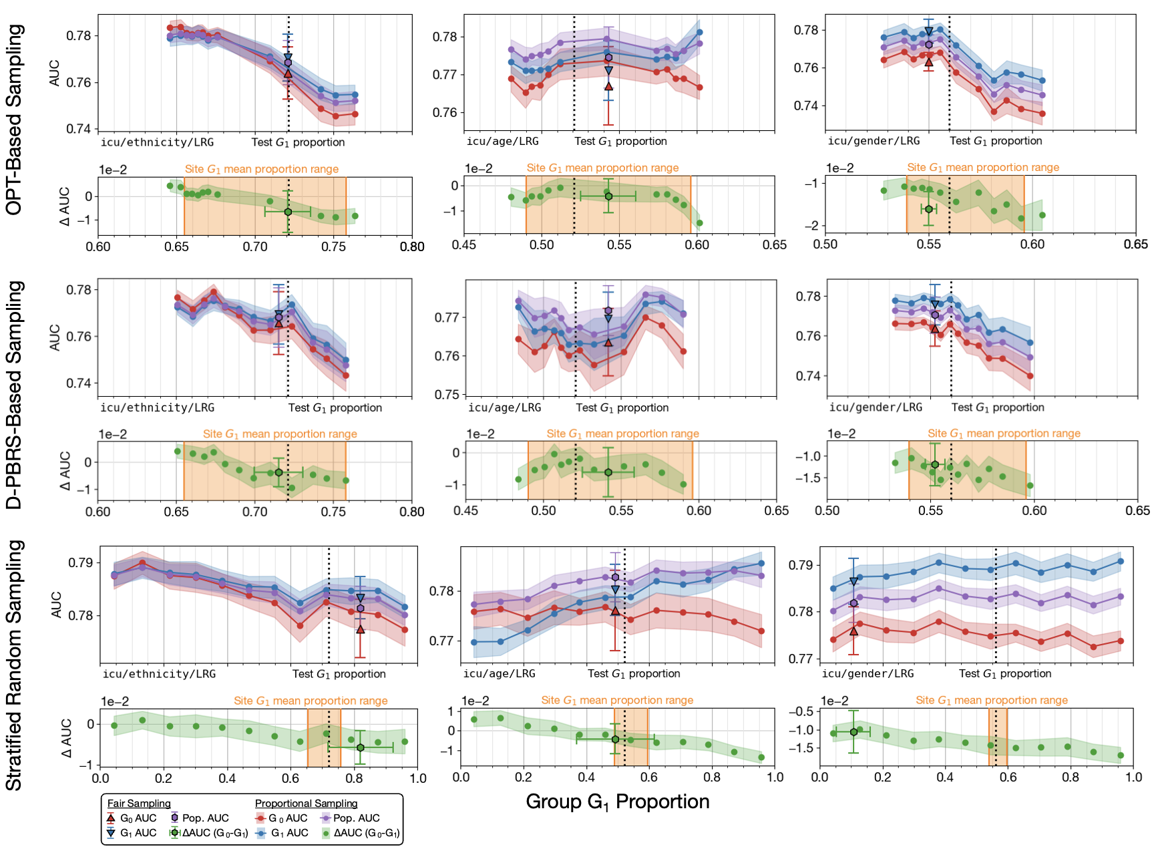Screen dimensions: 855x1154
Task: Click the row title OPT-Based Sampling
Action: pos(14,120)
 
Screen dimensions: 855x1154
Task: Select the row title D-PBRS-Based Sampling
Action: pos(14,394)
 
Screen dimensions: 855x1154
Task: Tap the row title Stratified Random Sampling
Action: pos(14,665)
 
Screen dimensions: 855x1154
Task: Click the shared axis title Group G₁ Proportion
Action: pos(617,802)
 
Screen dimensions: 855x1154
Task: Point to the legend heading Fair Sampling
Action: pos(139,804)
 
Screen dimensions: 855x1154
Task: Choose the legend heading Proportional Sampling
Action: pos(306,804)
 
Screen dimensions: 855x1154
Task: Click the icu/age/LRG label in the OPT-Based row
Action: pos(502,141)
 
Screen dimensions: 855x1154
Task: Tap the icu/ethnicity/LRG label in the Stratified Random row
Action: pos(159,674)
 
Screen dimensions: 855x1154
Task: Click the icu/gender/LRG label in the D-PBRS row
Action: pos(876,407)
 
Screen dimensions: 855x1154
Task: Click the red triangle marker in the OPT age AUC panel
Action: pos(608,86)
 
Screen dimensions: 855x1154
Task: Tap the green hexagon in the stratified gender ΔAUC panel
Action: pos(853,732)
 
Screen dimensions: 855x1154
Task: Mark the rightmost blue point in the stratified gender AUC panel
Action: pos(1120,561)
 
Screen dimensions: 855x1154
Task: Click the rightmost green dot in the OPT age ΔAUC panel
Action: pos(699,223)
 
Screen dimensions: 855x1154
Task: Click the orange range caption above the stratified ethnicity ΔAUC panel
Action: pos(311,701)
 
